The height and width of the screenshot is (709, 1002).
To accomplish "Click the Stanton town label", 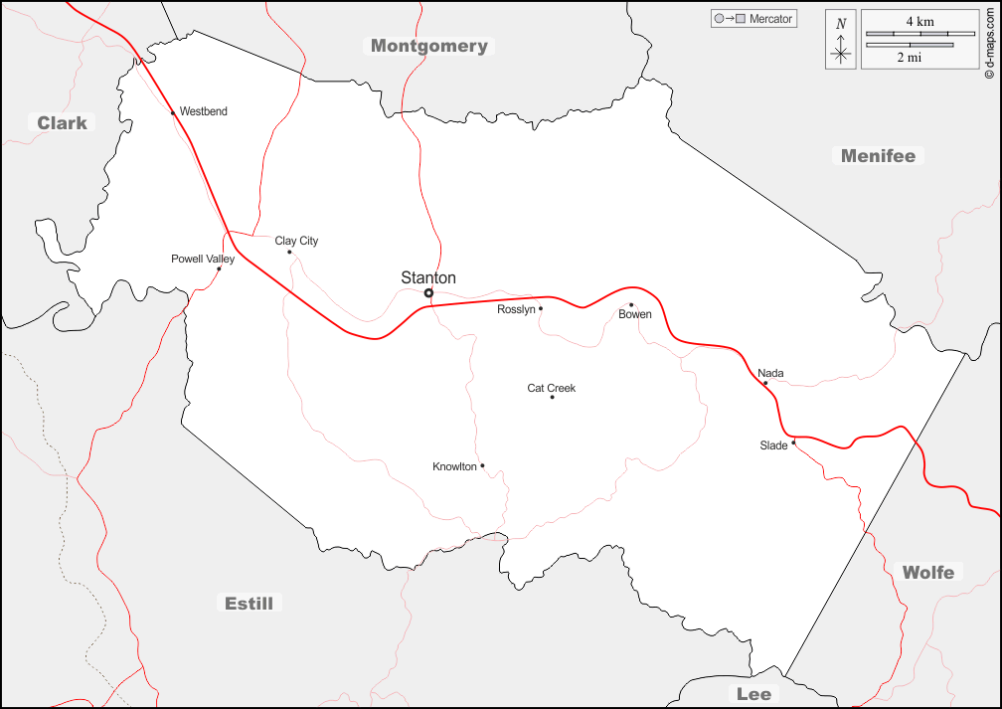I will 428,278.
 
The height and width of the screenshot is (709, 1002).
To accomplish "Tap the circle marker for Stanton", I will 429,293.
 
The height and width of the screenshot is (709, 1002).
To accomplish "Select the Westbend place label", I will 203,111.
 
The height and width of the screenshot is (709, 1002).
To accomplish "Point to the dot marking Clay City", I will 289,252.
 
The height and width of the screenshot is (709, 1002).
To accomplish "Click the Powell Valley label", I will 203,260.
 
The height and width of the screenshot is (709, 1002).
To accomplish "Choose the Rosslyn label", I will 516,309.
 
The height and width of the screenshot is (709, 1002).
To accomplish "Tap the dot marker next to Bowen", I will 631,305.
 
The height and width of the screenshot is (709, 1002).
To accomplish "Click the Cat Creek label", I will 552,388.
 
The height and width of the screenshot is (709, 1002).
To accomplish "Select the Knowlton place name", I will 454,466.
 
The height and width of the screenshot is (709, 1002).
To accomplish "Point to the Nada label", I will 770,374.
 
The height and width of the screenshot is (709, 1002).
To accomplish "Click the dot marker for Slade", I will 793,443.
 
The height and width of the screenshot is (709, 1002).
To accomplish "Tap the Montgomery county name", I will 429,46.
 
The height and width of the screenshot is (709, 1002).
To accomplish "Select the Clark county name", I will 62,123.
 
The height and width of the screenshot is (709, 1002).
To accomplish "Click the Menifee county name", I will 878,155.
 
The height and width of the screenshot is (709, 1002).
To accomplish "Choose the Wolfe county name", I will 927,572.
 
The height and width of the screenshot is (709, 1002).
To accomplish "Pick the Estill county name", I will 249,603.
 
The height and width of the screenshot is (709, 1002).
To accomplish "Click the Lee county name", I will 753,693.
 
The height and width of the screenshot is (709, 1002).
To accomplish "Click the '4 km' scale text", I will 919,21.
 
